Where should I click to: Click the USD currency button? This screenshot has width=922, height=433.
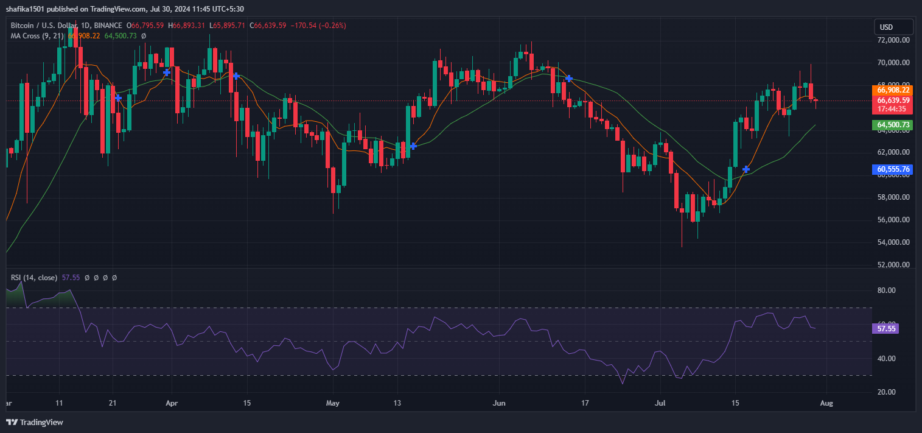893,27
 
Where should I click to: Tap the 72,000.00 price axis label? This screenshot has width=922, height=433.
893,40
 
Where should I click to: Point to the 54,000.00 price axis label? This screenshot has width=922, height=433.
893,242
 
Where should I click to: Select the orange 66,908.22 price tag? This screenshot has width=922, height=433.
893,90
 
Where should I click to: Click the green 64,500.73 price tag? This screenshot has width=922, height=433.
893,125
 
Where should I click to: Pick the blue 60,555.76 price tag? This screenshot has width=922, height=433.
893,169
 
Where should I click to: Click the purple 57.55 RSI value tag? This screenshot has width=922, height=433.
885,328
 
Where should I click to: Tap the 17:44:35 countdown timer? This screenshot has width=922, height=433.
893,110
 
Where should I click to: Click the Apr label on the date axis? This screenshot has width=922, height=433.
172,403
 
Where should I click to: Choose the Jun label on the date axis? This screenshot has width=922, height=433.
499,403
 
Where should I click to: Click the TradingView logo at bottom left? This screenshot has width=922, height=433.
35,422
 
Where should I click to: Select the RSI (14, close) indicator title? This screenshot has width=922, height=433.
34,278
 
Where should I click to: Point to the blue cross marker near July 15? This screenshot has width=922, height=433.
746,169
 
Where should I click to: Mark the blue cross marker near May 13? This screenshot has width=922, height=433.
413,146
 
